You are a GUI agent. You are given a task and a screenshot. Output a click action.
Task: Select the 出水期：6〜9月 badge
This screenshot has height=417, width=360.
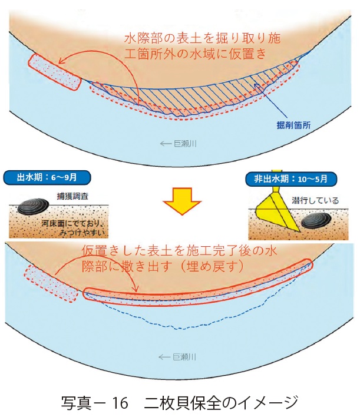tap(45, 176)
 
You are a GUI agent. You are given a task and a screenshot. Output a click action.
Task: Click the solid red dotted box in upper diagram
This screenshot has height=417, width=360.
tap(54, 71)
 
